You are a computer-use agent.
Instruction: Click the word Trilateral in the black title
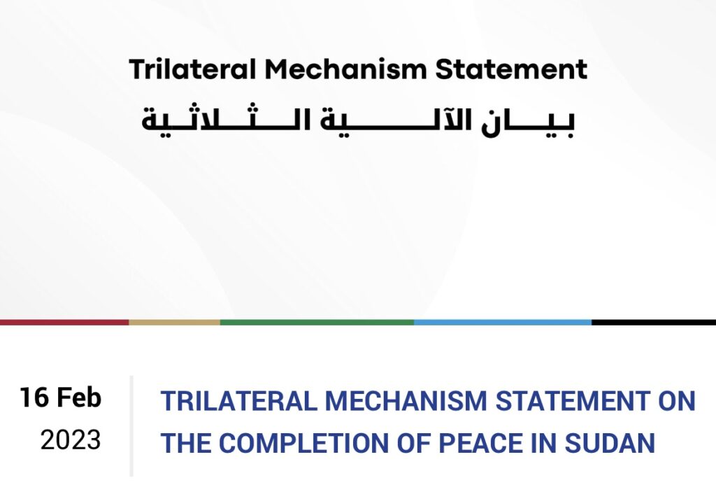click(192, 69)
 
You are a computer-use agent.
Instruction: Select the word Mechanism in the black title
click(345, 69)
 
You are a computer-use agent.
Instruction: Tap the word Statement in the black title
click(511, 69)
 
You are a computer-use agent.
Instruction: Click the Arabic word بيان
click(528, 123)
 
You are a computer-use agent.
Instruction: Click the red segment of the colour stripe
click(64, 323)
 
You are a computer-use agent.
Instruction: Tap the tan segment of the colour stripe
click(174, 323)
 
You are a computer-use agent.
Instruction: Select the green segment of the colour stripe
click(317, 323)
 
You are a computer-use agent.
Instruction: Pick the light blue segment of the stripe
click(503, 323)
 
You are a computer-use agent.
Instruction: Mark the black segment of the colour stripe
click(654, 323)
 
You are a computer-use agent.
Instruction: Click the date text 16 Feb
click(60, 397)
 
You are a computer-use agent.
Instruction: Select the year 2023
click(71, 440)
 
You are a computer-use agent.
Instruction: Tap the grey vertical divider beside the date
click(131, 426)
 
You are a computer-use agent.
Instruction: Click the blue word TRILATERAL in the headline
click(239, 400)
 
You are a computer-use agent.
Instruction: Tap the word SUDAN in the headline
click(610, 443)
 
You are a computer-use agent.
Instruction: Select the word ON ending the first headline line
click(677, 400)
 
